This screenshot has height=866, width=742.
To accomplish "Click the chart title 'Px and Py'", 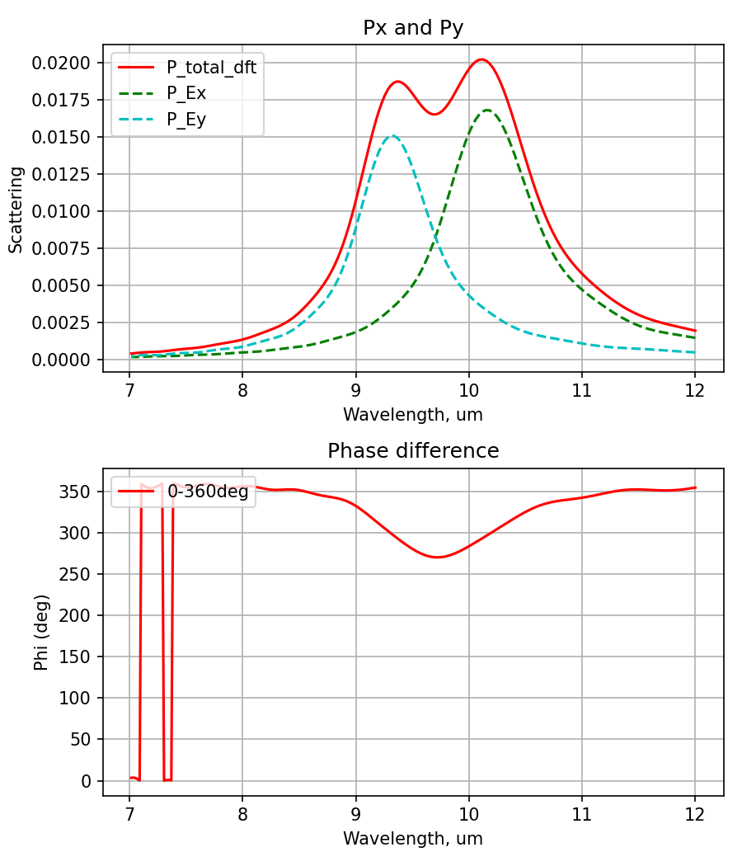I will (x=413, y=27).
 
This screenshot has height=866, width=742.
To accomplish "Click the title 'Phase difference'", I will (x=413, y=451).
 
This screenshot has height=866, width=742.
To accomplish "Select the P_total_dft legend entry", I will (x=211, y=68).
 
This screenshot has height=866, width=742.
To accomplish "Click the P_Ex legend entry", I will (x=186, y=93).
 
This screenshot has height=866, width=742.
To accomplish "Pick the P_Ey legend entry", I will (x=186, y=119).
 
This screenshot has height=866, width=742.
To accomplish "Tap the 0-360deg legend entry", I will (x=208, y=492).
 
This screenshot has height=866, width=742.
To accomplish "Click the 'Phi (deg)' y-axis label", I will (x=40, y=632).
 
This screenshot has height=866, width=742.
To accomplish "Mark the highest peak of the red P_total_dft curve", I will (x=481, y=59).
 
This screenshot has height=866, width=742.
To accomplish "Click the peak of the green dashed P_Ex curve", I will (x=487, y=110).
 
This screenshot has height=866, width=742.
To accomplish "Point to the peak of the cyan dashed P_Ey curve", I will (x=392, y=136).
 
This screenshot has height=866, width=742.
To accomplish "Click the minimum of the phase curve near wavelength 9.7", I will (x=437, y=558).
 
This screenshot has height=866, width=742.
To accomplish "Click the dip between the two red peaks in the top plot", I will (x=434, y=114).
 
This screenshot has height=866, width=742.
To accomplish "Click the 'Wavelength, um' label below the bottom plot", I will (x=413, y=839).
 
